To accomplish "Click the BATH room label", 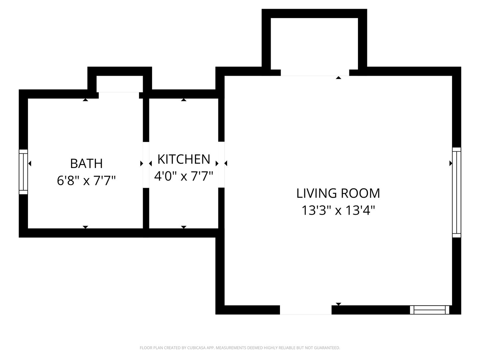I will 86,164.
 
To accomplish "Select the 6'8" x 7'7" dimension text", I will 86,181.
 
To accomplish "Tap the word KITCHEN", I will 184,159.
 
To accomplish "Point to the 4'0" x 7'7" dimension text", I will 184,176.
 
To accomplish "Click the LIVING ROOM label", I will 338,193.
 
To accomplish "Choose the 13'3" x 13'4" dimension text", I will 338,210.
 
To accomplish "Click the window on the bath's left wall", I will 23,172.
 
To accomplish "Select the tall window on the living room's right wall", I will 456,192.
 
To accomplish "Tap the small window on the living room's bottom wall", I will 429,310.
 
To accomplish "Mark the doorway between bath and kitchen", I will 146,165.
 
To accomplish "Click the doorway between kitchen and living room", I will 221,164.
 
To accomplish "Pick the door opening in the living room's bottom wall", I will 306,310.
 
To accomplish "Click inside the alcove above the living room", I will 314,43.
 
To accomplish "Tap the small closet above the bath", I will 120,84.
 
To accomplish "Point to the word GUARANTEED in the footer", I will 328,348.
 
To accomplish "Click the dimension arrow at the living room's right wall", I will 451,163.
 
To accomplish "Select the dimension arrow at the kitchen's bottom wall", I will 184,227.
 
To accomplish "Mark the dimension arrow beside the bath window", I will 30,163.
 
